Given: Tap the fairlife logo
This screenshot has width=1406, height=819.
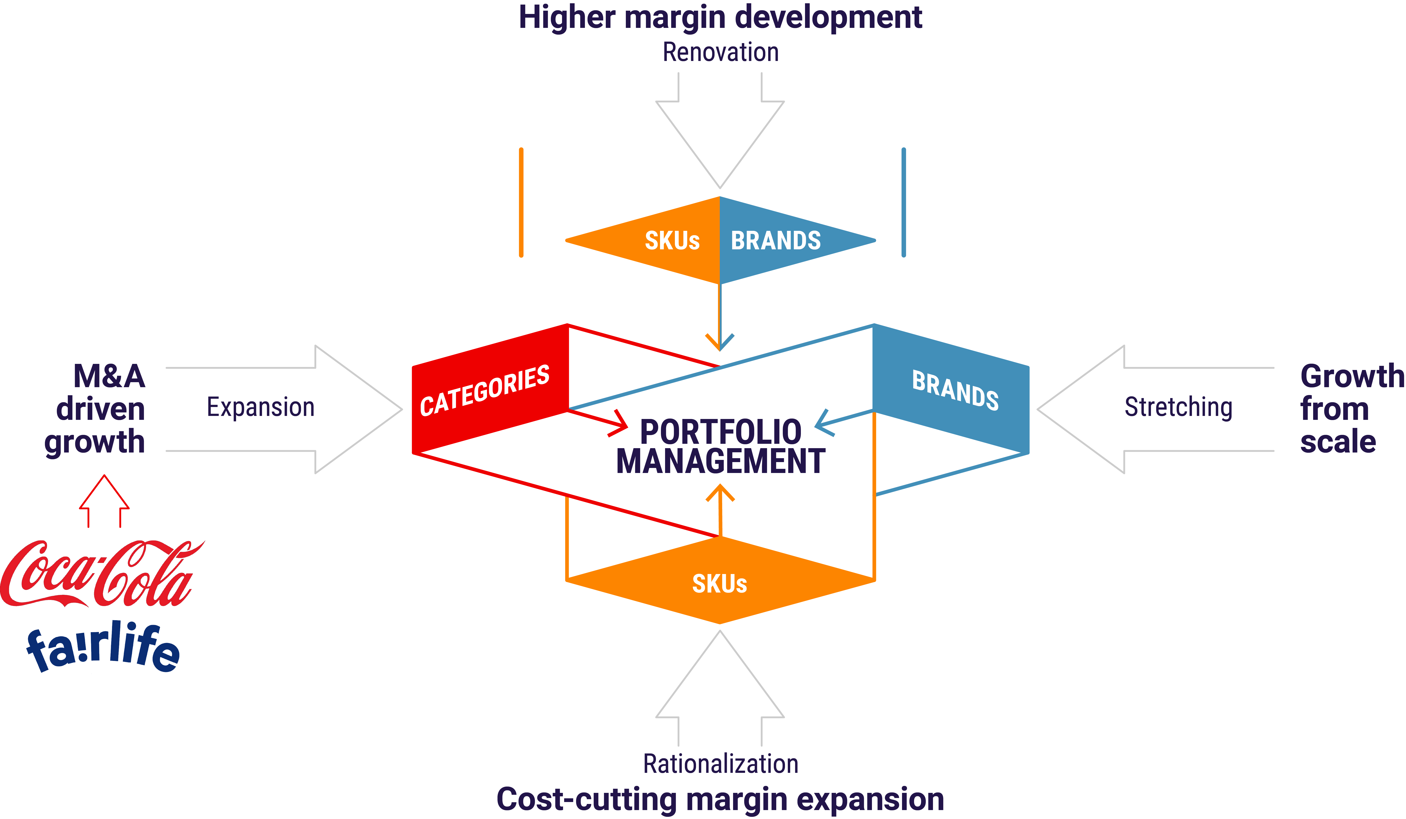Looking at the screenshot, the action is (103, 647).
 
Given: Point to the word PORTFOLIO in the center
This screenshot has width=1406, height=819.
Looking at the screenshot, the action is (720, 432).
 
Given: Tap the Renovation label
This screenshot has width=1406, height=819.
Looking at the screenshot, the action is (720, 52).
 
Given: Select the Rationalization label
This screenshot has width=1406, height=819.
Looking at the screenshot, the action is (720, 764).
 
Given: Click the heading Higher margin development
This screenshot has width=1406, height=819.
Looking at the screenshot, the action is (720, 17).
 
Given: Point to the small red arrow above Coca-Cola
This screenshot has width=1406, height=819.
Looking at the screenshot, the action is (104, 501).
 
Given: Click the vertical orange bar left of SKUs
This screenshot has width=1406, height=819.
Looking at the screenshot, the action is (521, 202).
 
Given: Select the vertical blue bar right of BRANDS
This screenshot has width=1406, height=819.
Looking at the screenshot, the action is (904, 202).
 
